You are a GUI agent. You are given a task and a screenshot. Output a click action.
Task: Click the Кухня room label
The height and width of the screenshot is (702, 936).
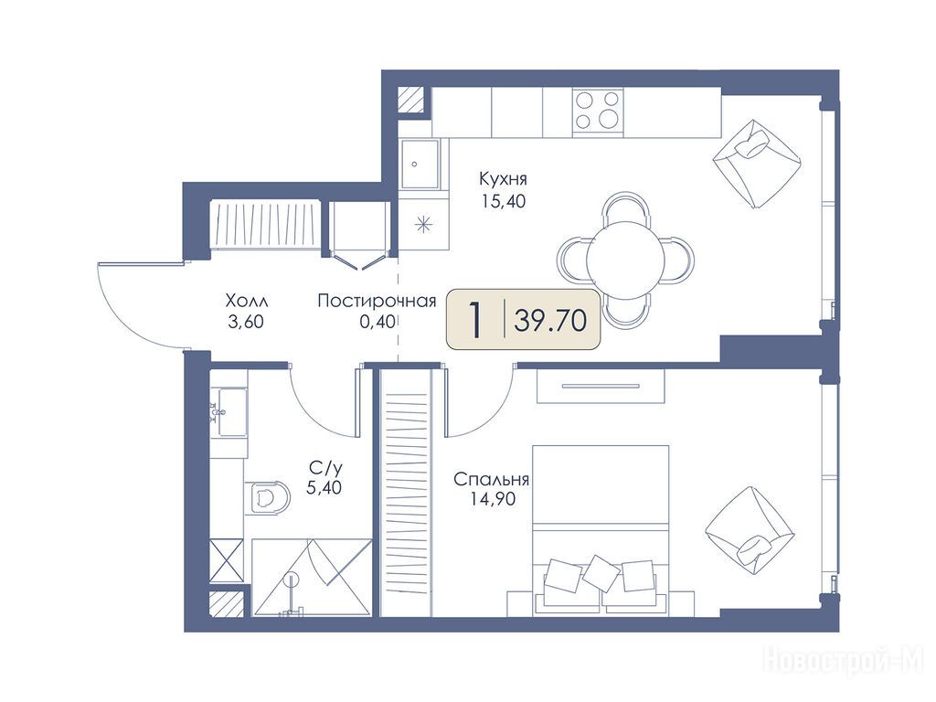(503, 179)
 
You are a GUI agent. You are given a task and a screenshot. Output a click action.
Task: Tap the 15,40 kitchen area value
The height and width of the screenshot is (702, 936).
(504, 201)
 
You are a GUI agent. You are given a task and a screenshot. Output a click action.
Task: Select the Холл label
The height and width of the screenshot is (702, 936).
(247, 299)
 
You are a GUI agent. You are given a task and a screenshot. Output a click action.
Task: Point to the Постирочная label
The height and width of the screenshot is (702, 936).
(376, 300)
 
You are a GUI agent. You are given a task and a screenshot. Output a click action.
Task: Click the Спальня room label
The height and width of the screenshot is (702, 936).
(491, 479)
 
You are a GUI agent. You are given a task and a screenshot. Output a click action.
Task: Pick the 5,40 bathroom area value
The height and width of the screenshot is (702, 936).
(324, 488)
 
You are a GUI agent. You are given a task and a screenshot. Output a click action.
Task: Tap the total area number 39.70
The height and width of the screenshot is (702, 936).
(549, 321)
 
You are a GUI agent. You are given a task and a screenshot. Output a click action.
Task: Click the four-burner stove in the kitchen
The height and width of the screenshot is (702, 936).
(598, 111)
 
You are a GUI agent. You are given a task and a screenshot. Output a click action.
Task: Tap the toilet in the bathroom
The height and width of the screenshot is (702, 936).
(267, 496)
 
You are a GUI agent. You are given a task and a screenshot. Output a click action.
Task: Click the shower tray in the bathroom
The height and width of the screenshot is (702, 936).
(311, 577)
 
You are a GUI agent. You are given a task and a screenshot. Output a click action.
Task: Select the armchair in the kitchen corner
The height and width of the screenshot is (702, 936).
(756, 164)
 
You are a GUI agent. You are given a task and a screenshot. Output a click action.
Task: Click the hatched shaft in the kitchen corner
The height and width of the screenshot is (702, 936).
(412, 100)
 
